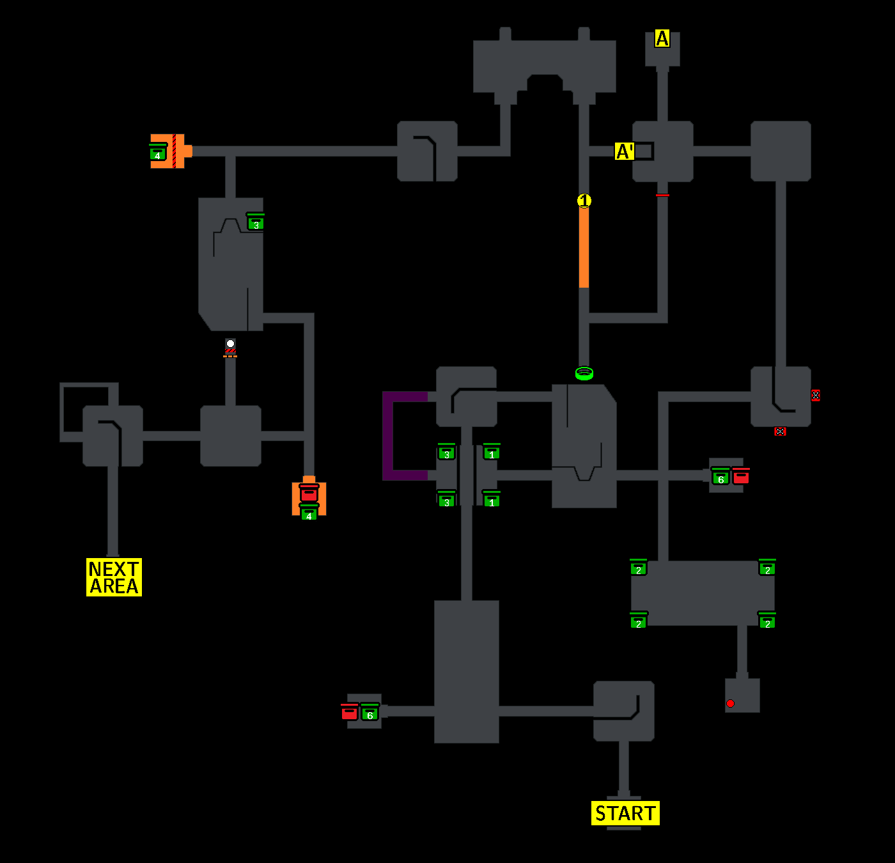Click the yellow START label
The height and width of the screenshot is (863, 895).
click(x=625, y=813)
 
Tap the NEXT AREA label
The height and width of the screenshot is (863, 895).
click(x=114, y=577)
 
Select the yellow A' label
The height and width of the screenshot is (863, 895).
click(x=624, y=152)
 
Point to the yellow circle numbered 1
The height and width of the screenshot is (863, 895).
click(x=584, y=201)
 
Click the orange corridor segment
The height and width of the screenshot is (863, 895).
click(x=584, y=247)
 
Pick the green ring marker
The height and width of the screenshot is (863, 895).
click(x=584, y=373)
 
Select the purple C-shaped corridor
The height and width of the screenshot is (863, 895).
click(x=388, y=436)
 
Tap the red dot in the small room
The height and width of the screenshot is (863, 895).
click(x=730, y=703)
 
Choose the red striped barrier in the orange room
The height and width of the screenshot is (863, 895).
click(x=174, y=152)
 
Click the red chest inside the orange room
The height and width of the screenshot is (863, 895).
click(x=309, y=493)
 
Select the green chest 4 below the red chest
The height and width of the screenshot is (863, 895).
click(x=309, y=513)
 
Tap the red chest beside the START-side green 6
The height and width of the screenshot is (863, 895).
click(x=349, y=712)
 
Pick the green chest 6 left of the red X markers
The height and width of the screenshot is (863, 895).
click(x=720, y=477)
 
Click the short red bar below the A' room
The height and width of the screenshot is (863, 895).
click(x=662, y=195)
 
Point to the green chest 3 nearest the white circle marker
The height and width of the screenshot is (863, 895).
click(x=256, y=222)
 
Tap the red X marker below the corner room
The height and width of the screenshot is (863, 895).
click(x=780, y=432)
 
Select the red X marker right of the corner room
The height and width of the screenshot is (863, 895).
click(x=815, y=395)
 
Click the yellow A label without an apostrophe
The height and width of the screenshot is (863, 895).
click(x=662, y=39)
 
